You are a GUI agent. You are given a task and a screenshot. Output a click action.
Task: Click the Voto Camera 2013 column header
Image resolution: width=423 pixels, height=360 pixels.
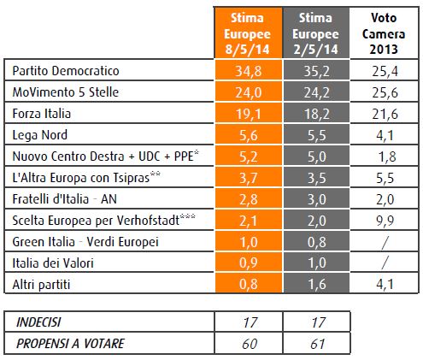(384, 33)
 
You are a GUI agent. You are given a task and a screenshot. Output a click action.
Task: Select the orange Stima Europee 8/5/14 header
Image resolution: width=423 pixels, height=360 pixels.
(248, 33)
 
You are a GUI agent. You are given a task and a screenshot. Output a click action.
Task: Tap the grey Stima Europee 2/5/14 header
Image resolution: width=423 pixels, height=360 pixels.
(316, 33)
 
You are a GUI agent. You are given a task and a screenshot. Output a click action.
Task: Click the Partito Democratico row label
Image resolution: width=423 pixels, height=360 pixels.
(66, 71)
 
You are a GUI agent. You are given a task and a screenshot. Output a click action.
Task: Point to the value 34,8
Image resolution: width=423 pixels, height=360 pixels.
(249, 71)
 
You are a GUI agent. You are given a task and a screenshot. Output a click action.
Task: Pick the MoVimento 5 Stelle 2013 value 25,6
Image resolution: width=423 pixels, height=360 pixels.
(385, 92)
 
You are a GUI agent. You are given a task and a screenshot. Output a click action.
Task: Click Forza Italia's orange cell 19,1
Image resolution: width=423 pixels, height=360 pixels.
(249, 114)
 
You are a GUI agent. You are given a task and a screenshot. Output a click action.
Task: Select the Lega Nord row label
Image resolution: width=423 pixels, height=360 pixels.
(40, 135)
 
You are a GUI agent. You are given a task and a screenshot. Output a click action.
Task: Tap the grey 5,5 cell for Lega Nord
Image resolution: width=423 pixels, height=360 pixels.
(316, 135)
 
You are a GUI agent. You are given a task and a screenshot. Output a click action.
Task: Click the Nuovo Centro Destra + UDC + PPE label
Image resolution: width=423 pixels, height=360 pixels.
(106, 156)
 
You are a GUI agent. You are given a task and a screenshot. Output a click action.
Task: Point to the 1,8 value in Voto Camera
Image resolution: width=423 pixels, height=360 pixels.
(387, 156)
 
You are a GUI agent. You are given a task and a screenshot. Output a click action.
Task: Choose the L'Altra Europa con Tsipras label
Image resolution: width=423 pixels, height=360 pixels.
(86, 177)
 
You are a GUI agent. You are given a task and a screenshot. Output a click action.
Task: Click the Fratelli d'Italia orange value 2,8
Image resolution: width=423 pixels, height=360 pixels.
(249, 199)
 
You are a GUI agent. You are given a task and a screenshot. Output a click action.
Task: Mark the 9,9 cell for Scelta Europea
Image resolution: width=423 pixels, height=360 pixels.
(385, 221)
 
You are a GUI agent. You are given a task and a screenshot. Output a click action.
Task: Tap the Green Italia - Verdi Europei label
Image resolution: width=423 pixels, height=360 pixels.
(85, 242)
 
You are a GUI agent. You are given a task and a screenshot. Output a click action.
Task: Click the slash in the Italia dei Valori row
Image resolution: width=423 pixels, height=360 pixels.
(385, 263)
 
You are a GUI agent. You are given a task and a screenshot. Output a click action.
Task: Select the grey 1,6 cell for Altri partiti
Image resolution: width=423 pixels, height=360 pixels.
(316, 284)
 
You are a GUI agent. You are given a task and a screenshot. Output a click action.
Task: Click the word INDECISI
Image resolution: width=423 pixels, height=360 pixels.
(38, 322)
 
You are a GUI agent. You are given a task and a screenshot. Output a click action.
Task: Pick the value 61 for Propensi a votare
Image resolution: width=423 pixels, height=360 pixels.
(317, 344)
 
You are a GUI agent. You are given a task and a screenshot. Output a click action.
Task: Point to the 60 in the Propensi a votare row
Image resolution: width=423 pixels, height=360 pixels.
(250, 344)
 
